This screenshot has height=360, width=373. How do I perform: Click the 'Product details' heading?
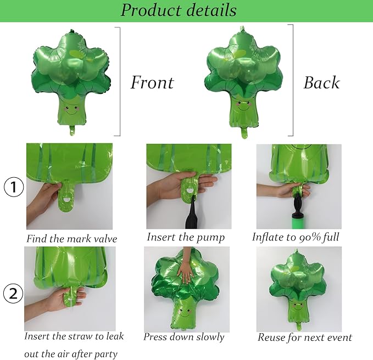point(179,10)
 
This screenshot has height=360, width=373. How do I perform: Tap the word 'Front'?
point(152,82)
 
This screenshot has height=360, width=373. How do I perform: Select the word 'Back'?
point(321,83)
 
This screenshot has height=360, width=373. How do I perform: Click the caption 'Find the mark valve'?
point(71,239)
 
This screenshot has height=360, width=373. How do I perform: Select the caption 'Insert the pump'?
point(186,237)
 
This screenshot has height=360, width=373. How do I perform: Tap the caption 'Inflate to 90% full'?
point(296,237)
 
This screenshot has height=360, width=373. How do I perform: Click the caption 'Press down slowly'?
point(183,337)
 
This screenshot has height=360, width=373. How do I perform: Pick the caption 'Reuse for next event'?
point(305,337)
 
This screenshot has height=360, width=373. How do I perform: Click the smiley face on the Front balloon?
point(71,110)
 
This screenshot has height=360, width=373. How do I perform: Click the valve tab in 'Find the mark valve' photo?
point(66,199)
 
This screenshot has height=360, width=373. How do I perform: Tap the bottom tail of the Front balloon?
point(72,131)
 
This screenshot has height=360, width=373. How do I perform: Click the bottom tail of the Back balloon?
point(244,133)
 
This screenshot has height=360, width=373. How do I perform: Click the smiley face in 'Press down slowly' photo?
point(185,313)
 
